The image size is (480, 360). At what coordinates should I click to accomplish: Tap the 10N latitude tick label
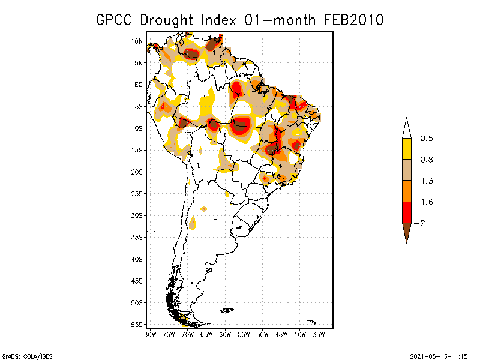tap(137, 41)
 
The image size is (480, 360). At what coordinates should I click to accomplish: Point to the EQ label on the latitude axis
tap(139, 85)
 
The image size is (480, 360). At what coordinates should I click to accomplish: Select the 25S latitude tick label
tap(137, 194)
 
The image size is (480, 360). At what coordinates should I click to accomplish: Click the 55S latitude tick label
tap(137, 325)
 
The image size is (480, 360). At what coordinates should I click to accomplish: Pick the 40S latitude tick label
tap(137, 259)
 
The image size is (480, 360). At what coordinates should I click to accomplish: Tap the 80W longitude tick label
tap(150, 334)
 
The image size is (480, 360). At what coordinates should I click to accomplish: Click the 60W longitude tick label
tap(225, 334)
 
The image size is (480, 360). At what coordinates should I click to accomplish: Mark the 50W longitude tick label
tap(262, 334)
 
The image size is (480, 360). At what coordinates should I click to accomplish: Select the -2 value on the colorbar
tap(422, 223)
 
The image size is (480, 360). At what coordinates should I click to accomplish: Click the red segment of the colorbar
tap(406, 212)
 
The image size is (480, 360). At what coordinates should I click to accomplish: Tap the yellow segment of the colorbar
tap(406, 149)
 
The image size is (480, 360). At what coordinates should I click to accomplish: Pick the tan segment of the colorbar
tap(406, 170)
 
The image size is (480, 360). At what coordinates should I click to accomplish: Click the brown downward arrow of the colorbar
tap(406, 232)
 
